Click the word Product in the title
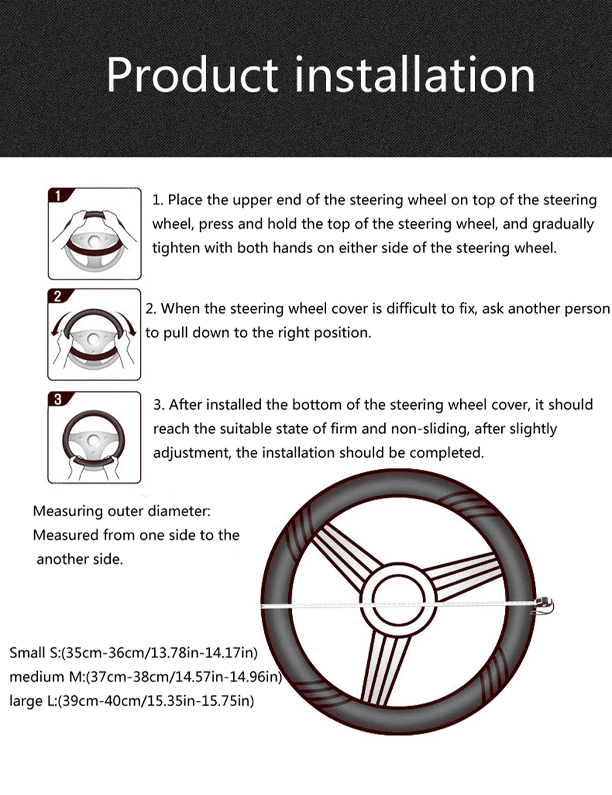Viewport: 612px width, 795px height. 191,76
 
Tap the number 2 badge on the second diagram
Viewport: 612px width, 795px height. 58,296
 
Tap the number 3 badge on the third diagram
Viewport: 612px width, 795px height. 58,399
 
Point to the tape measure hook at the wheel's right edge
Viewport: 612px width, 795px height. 545,605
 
